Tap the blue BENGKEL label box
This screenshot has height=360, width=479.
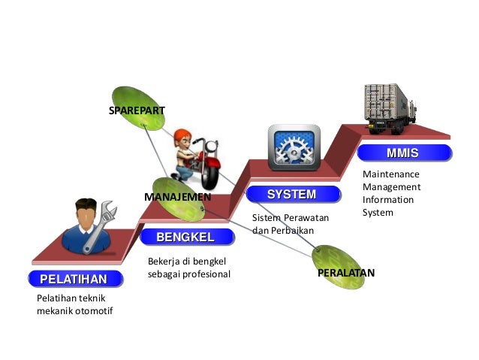[185, 237]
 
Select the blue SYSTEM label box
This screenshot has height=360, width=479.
[292, 195]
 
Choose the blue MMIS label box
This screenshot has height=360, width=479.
[402, 154]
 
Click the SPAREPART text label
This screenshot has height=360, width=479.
[137, 110]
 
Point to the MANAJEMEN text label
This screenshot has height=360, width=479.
[178, 196]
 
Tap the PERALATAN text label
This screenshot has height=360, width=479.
[345, 273]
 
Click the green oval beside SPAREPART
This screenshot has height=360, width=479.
[137, 108]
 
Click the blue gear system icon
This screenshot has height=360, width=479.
[294, 148]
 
